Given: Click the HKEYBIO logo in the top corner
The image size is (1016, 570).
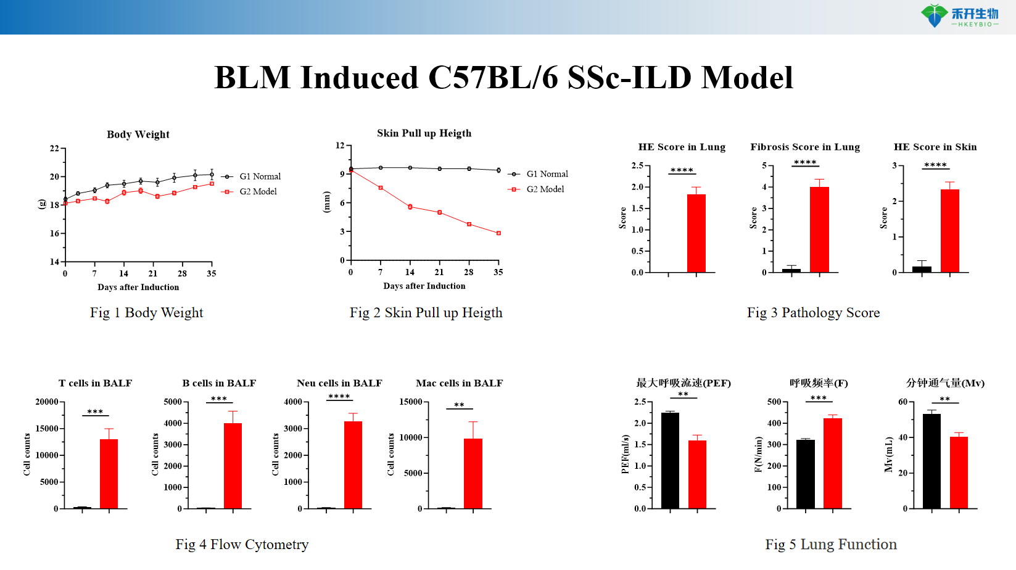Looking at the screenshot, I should (x=960, y=16).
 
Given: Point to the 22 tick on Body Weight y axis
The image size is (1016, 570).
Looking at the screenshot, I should (x=54, y=149).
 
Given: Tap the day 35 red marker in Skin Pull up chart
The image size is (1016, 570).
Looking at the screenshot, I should (x=498, y=233).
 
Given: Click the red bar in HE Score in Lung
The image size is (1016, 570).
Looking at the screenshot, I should (x=696, y=234).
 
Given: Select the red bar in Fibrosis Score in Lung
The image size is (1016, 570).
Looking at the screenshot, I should (x=819, y=230).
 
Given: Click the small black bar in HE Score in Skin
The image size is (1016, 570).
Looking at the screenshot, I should (x=922, y=269).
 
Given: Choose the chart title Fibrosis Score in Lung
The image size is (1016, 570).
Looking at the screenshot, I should (x=804, y=147).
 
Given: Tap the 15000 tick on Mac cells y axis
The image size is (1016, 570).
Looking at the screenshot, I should (x=411, y=402).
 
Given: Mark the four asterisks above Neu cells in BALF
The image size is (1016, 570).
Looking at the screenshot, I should (x=339, y=397).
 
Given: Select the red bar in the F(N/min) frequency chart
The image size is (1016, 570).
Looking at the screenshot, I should (x=832, y=463).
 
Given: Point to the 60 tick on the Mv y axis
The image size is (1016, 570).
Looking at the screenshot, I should (x=902, y=402).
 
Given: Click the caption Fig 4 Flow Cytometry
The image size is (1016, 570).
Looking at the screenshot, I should (x=242, y=545).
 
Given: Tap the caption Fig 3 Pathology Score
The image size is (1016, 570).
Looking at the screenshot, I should (x=813, y=313).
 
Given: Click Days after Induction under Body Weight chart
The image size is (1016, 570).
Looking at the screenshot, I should (x=138, y=287).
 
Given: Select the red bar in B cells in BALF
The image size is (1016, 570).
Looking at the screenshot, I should (x=233, y=466).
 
